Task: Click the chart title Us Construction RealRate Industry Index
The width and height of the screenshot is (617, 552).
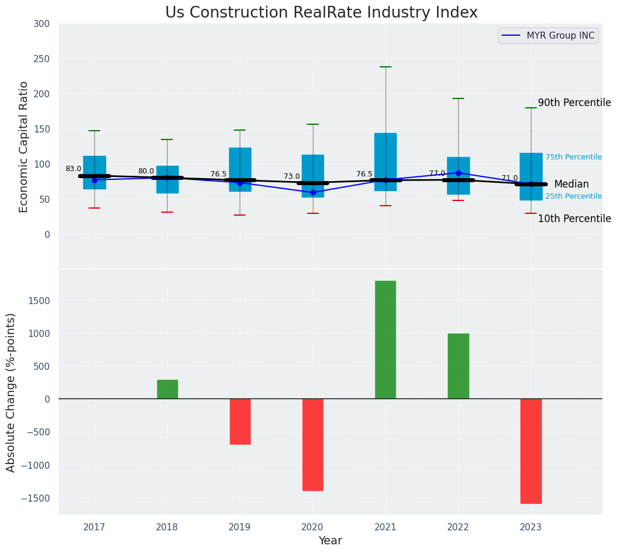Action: pos(321,13)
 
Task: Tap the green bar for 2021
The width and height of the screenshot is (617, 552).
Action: pos(386,340)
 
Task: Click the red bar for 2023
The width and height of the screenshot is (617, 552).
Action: pos(531,451)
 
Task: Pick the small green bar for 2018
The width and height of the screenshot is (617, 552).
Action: pos(168,390)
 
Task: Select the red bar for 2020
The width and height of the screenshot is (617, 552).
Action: pos(313,445)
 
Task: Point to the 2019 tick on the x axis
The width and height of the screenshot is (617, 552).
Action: pos(240,527)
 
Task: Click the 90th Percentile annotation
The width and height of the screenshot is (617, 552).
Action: pos(574,103)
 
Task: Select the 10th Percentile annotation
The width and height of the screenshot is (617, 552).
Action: pos(574,219)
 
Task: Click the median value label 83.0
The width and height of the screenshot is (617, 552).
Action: pos(73,169)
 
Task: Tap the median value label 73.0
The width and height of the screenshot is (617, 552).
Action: pos(292,176)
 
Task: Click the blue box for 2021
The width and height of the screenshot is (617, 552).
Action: pos(386,162)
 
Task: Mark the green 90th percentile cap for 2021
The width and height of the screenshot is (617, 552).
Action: pos(386,67)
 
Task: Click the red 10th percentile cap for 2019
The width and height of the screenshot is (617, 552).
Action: pos(240,215)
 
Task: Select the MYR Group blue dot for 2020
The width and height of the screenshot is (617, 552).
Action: pos(313,192)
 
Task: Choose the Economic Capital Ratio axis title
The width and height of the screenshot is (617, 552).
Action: pos(24,146)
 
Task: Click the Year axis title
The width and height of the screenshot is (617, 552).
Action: pos(330,541)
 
